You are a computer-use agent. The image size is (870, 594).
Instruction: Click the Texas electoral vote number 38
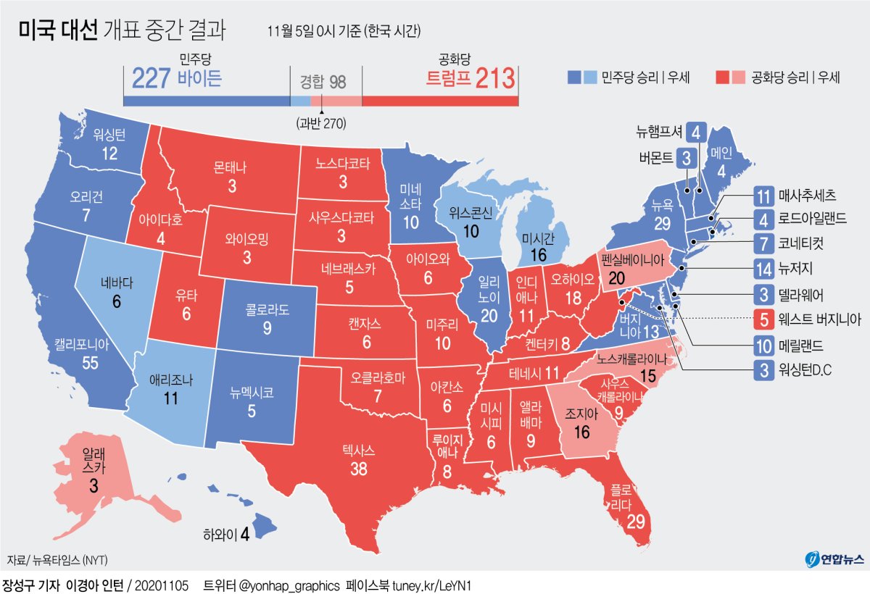pos(359,469)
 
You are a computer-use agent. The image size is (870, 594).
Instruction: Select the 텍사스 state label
pos(359,451)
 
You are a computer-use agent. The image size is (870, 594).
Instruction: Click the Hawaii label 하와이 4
pos(226,535)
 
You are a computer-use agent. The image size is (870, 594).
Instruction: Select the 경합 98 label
pos(323,81)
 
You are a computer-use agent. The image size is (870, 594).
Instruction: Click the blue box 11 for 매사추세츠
pos(761,196)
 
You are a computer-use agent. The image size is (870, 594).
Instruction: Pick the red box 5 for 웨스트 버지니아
pos(761,317)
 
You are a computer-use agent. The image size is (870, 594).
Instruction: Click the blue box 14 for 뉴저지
pos(761,267)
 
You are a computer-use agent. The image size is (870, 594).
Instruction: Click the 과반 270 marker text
pos(321,123)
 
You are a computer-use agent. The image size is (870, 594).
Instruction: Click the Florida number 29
pos(635,521)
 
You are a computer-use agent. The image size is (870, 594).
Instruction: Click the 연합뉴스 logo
pos(834,559)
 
